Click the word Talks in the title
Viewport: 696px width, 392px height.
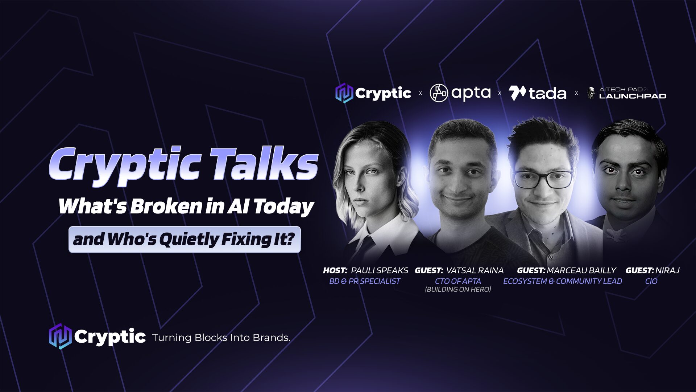click(x=264, y=164)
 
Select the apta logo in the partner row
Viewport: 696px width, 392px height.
click(x=460, y=93)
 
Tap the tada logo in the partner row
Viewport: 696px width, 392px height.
click(x=537, y=93)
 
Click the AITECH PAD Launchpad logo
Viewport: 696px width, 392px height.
click(x=627, y=93)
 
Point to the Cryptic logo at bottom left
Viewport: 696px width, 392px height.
click(x=97, y=336)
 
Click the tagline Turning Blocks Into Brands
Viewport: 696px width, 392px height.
click(x=221, y=338)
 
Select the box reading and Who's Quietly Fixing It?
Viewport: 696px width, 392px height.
click(x=185, y=240)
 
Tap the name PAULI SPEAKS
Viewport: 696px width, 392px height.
click(x=380, y=270)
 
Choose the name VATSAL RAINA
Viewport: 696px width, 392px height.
click(x=475, y=270)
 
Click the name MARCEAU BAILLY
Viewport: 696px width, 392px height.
click(x=581, y=270)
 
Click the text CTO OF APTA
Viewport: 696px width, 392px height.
click(x=458, y=281)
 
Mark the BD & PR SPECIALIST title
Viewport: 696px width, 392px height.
click(x=365, y=281)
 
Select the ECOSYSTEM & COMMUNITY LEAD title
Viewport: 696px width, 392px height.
click(x=563, y=281)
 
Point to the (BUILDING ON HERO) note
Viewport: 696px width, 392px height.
click(x=458, y=289)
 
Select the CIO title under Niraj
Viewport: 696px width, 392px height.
click(x=651, y=281)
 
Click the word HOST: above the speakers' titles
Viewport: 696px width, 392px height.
click(x=335, y=270)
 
